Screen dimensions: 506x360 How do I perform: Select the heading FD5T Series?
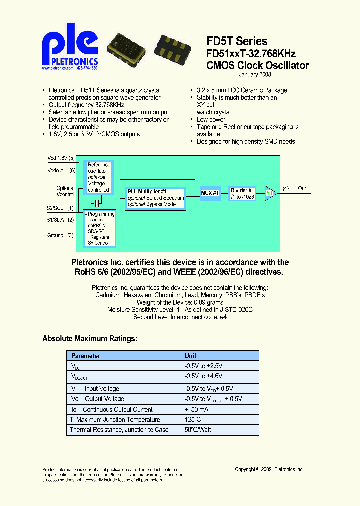237,42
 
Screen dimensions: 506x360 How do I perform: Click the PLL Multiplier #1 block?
155,198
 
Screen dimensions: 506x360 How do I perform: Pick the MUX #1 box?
210,193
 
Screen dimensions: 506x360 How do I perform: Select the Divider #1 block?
243,193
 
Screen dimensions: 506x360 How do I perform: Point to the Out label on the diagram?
302,188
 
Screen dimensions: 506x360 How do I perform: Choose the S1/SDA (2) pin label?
60,220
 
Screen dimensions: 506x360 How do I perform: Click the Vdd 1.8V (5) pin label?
61,158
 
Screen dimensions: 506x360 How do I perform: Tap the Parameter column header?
85,356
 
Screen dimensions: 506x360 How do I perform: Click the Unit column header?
191,356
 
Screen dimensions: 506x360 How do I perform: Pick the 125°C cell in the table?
193,420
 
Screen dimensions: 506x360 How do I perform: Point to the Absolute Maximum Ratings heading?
89,339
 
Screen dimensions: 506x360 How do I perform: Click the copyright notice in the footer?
269,469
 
